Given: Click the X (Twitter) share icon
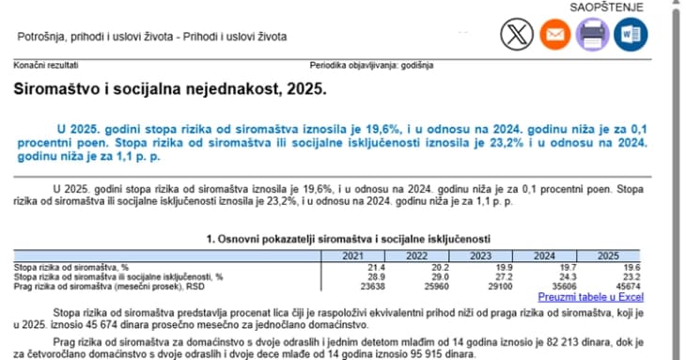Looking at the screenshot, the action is (x=515, y=35).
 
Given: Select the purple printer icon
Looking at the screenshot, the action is (x=593, y=35).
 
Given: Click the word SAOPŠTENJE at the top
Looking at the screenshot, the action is (x=607, y=8).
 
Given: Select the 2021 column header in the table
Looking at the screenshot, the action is (x=352, y=256).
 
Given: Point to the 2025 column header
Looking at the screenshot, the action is (x=608, y=256).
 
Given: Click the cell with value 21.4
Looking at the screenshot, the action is (x=354, y=267).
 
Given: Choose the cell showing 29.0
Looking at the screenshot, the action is (x=416, y=276).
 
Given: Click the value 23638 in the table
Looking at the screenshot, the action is (x=350, y=287).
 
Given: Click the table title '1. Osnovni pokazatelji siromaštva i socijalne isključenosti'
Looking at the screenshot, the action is (x=348, y=239).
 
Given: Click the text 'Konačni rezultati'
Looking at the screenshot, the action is (x=45, y=66).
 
